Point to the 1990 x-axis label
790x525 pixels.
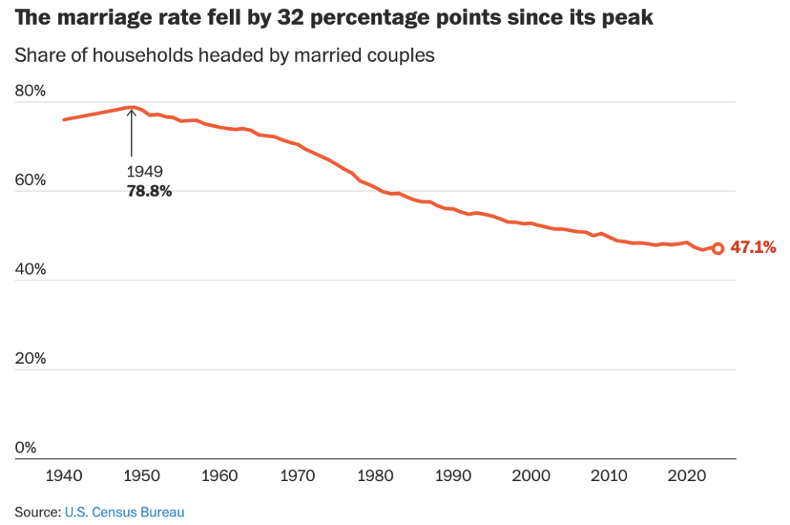[453, 474]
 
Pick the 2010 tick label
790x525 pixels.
[609, 474]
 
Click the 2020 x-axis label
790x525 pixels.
[687, 474]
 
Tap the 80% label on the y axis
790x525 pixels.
[31, 90]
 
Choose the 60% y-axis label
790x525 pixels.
[31, 180]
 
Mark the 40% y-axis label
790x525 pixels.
[31, 269]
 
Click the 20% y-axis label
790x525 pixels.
[31, 358]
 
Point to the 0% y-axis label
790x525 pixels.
[26, 448]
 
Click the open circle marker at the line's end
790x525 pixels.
[717, 248]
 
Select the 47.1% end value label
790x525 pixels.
[752, 248]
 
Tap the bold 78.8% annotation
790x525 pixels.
[149, 190]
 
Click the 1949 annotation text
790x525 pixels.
[144, 171]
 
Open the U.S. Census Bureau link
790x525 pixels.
[124, 511]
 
